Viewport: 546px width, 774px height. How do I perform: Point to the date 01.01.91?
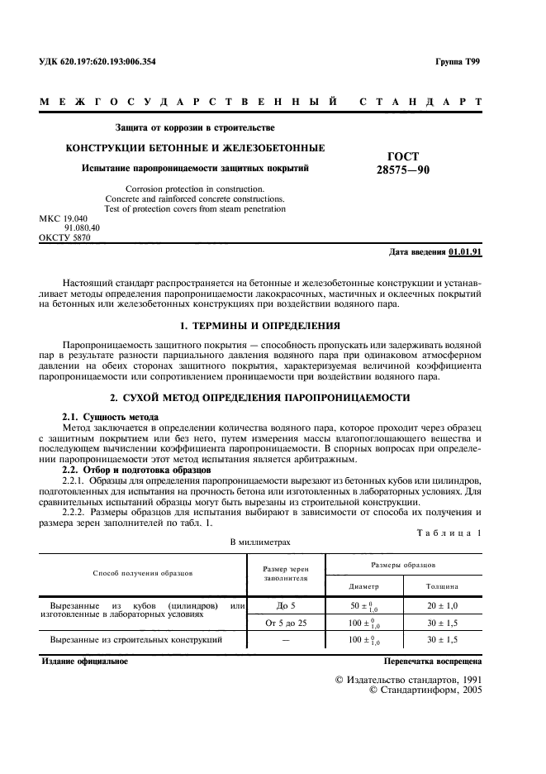[x=466, y=252]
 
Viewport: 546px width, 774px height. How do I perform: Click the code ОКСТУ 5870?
[x=64, y=237]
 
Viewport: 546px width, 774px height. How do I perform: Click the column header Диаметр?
[x=363, y=585]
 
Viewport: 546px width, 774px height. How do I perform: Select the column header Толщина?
[x=442, y=585]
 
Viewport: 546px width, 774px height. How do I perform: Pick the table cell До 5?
[x=285, y=606]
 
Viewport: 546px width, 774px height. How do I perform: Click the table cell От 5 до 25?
[x=285, y=623]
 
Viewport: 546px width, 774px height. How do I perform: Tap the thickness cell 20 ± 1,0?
[x=442, y=606]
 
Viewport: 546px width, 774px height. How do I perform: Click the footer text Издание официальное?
[x=83, y=662]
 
